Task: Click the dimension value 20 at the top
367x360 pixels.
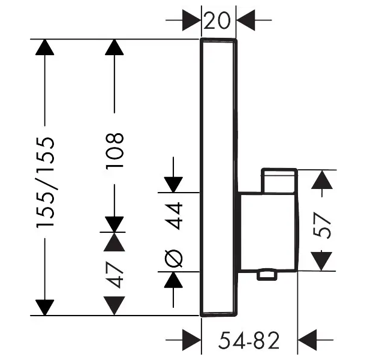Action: (x=218, y=22)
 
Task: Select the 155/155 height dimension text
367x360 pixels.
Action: (x=46, y=182)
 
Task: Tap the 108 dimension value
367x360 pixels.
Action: (x=115, y=151)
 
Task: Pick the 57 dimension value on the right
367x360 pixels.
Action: (x=324, y=226)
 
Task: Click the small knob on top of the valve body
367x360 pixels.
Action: (x=279, y=181)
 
